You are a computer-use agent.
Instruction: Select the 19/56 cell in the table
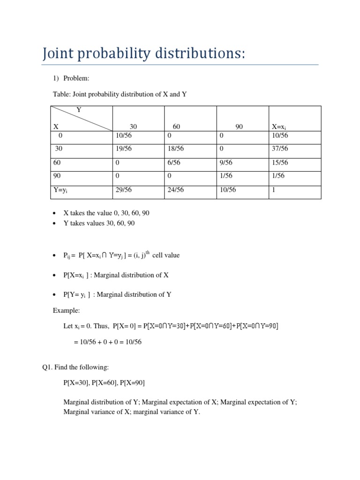123,149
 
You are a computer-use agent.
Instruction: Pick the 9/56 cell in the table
226,163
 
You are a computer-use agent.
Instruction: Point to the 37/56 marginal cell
280,149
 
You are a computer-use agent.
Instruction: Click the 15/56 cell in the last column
280,163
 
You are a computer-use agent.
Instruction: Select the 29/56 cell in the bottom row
123,190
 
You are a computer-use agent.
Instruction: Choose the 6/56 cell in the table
174,163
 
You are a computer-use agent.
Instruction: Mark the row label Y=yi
62,190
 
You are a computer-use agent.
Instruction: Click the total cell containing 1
274,190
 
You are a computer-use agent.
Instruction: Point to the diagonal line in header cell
82,118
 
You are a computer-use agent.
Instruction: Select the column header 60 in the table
176,127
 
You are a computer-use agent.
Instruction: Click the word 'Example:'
67,311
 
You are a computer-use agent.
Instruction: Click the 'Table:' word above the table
62,94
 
